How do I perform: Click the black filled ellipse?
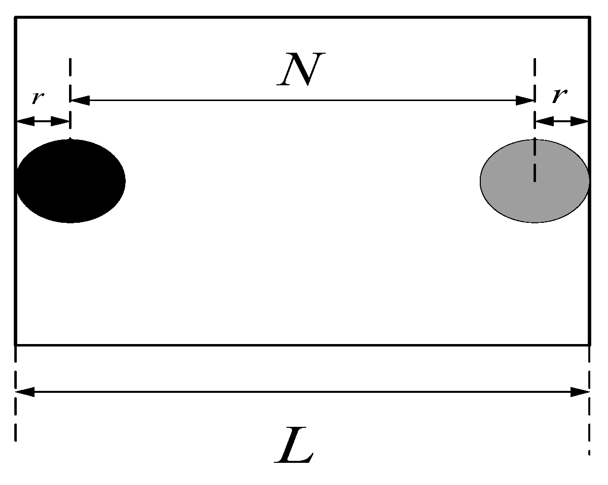pyautogui.click(x=71, y=181)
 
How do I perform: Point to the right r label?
pyautogui.click(x=558, y=96)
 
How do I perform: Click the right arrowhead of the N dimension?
pyautogui.click(x=525, y=101)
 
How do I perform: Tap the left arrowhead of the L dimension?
pyautogui.click(x=25, y=392)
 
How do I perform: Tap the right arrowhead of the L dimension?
pyautogui.click(x=580, y=392)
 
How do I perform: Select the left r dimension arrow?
pyautogui.click(x=43, y=121)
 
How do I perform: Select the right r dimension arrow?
pyautogui.click(x=562, y=121)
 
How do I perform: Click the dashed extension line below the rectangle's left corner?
pyautogui.click(x=16, y=394)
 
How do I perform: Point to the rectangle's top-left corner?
pyautogui.click(x=16, y=18)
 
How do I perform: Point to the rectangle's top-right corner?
pyautogui.click(x=589, y=18)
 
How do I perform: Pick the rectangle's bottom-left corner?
pyautogui.click(x=16, y=345)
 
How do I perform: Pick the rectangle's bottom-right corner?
pyautogui.click(x=589, y=345)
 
